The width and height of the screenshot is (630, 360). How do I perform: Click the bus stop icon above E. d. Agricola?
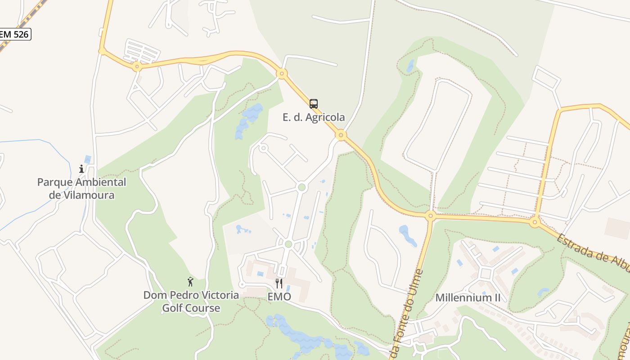click(314, 104)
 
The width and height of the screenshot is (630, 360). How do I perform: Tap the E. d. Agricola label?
click(314, 117)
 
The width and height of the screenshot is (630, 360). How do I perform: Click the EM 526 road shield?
click(15, 34)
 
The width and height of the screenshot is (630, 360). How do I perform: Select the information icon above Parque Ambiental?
click(81, 169)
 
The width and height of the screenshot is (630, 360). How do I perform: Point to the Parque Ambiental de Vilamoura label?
click(81, 189)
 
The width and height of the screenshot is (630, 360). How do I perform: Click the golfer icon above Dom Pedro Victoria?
click(190, 282)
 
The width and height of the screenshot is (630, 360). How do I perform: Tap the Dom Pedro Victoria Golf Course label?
click(191, 301)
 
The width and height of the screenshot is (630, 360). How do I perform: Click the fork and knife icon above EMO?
click(279, 283)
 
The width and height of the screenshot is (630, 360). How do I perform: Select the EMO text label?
click(279, 297)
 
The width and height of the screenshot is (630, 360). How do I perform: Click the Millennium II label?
click(468, 298)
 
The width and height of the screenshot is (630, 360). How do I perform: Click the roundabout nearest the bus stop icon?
click(341, 135)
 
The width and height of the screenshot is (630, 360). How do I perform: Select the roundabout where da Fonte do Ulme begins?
click(430, 216)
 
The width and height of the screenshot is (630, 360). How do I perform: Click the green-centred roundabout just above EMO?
click(288, 244)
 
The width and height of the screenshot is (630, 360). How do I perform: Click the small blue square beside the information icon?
click(87, 159)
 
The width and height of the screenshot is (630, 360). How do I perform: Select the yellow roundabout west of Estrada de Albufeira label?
click(535, 222)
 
